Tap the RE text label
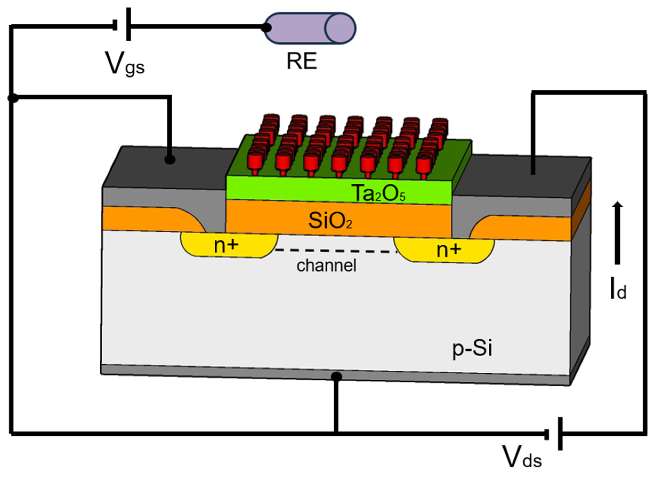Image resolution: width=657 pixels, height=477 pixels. coord(302,62)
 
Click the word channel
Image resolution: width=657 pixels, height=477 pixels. coord(326,265)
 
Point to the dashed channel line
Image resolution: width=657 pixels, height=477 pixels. coord(336,251)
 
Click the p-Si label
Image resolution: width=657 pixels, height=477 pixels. coord(472,349)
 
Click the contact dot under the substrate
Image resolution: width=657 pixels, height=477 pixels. coord(336,377)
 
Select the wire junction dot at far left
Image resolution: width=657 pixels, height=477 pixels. coord(13,98)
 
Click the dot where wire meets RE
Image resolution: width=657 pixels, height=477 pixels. coord(266,28)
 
